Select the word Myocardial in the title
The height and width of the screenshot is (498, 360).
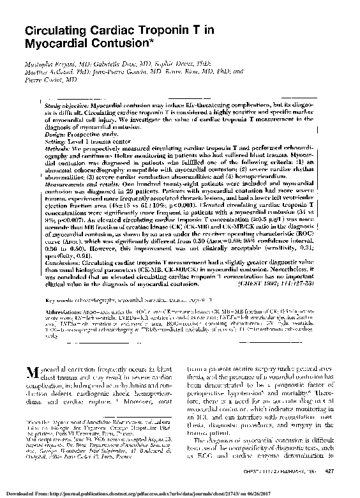coord(50,45)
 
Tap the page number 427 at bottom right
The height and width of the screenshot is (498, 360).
coord(330,471)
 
